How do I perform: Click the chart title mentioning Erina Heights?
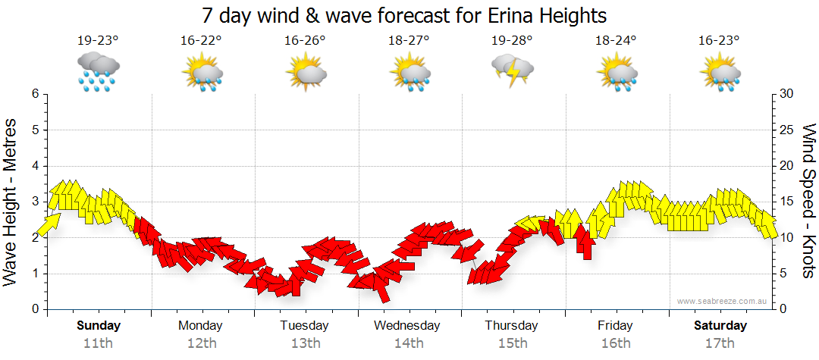pos(405,15)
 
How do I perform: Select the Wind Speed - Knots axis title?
pos(808,201)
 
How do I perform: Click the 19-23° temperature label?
pos(98,41)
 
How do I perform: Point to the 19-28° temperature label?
pos(512,41)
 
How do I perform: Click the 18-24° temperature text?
pos(615,41)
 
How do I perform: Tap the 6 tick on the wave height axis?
pos(35,94)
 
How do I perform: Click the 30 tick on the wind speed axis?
pos(786,94)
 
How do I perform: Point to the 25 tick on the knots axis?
pos(786,130)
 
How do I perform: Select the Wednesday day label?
pos(407,326)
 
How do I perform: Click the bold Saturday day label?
pos(720,326)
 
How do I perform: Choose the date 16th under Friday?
pos(615,343)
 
